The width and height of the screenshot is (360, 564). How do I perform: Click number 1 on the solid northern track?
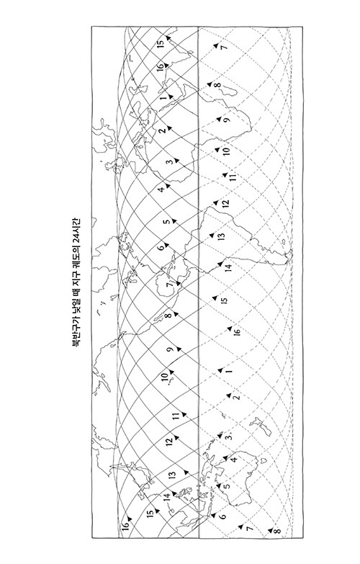[163, 97]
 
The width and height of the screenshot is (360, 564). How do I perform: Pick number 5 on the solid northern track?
[166, 222]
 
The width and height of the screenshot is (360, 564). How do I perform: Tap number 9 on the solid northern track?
[170, 349]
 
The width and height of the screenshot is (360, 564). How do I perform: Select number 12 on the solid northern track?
[169, 442]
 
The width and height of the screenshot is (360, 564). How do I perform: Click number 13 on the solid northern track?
[173, 475]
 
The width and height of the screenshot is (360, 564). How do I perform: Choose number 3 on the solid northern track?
[169, 161]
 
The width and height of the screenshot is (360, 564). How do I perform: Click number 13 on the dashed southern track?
[221, 237]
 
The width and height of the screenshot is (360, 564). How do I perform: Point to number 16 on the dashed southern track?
[236, 332]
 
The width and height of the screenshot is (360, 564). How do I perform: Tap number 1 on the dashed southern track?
[230, 371]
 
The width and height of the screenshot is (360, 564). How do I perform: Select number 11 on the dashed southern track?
[233, 177]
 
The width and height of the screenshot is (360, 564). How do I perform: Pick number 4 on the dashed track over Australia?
[234, 460]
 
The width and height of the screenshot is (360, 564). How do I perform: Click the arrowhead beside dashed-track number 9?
[218, 119]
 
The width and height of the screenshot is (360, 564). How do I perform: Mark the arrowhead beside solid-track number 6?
[166, 245]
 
